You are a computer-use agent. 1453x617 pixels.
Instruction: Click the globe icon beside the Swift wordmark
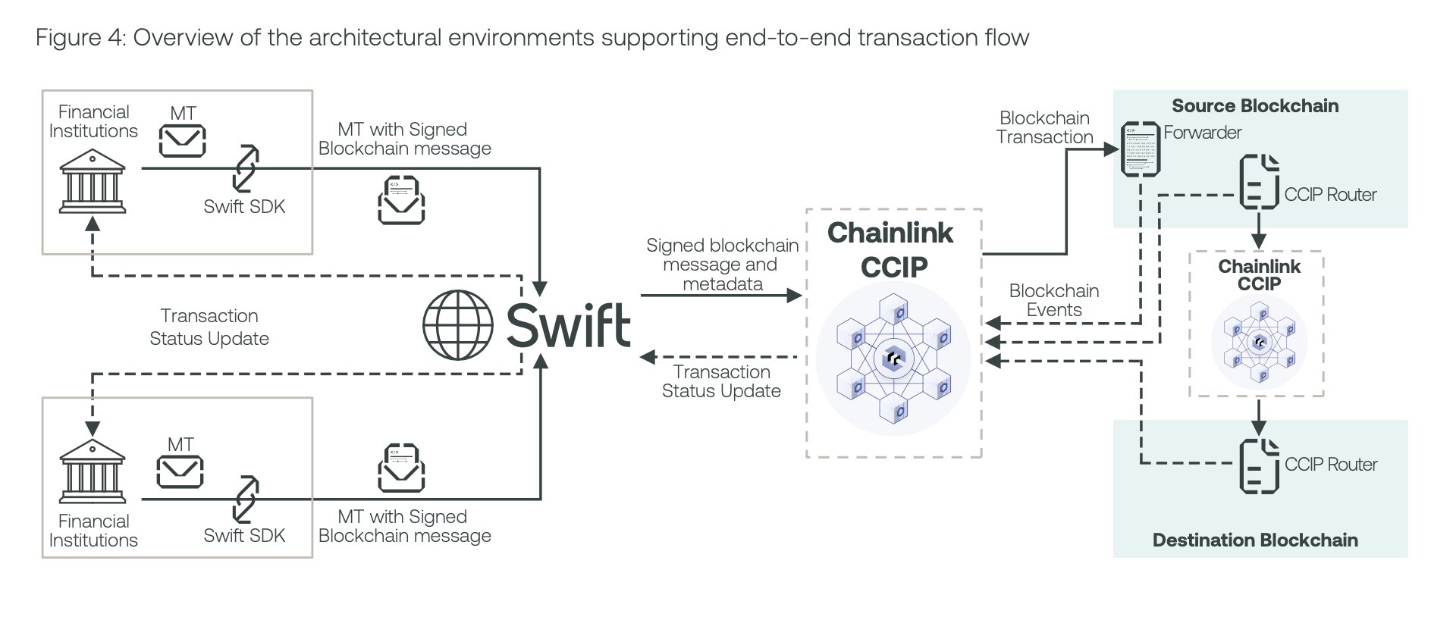coord(457,325)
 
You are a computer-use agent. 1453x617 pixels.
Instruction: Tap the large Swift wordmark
coord(568,326)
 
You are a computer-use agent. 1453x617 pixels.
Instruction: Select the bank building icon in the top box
coord(92,181)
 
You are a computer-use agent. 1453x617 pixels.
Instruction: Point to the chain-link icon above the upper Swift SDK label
coord(245,168)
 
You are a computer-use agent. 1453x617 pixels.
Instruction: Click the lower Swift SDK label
coord(243,535)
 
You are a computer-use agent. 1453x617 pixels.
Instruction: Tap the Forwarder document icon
coord(1141,149)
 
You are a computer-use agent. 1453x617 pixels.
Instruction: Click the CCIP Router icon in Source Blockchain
coord(1259,182)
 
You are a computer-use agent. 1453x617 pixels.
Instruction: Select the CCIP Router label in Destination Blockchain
coord(1330,465)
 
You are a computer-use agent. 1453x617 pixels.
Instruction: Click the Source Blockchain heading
coord(1254,106)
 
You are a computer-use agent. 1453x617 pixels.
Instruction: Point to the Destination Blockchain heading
coord(1254,540)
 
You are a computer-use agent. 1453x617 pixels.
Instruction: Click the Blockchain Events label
coord(1053,300)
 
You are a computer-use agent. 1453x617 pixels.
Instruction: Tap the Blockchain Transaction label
coord(1044,127)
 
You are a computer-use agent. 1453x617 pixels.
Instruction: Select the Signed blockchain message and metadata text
coord(721,265)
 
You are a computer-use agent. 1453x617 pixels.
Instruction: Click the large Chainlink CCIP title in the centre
coord(890,249)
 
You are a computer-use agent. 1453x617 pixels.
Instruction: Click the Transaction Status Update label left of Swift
coord(209,327)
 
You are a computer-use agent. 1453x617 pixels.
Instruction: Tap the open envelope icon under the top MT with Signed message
coord(401,200)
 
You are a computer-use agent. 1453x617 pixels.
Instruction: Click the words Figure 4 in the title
coord(79,38)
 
